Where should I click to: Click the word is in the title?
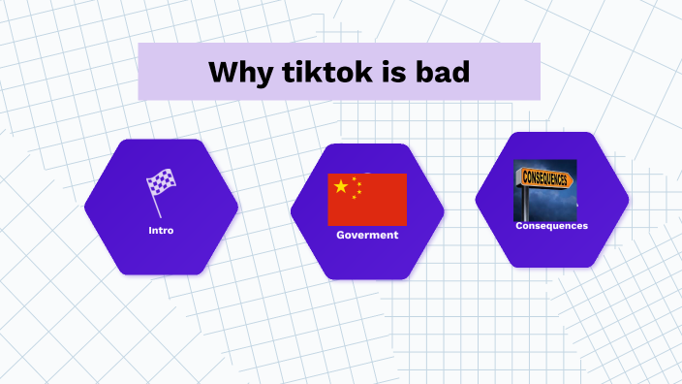(395, 72)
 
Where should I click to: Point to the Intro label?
(161, 231)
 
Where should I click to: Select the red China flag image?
(367, 200)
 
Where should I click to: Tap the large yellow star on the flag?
(340, 186)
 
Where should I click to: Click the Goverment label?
(367, 235)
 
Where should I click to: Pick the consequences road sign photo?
(544, 189)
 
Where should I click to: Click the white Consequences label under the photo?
(551, 226)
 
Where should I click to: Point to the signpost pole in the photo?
(527, 204)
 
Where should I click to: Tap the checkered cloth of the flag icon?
(162, 181)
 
